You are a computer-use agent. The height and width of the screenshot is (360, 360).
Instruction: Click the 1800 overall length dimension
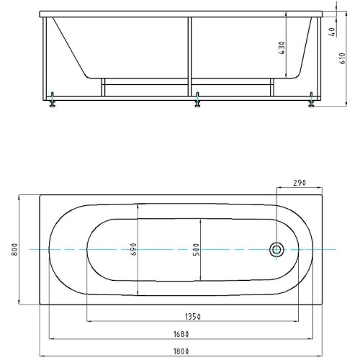click(181, 351)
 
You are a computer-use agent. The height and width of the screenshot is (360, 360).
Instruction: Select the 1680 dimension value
click(181, 334)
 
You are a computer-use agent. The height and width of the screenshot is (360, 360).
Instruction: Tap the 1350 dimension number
click(193, 317)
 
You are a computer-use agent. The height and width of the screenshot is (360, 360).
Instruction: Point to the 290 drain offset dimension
click(300, 183)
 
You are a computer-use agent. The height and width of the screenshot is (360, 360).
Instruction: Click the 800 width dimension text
click(15, 250)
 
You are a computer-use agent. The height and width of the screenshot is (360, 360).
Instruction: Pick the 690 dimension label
click(134, 249)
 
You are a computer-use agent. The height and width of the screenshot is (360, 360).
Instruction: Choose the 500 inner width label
click(196, 250)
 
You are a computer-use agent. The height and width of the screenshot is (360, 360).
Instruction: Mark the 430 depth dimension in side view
click(282, 48)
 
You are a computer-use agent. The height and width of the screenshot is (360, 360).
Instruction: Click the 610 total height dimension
click(342, 58)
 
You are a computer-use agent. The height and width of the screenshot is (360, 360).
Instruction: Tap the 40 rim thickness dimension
click(332, 32)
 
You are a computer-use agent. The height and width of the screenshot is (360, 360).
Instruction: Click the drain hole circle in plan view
click(276, 250)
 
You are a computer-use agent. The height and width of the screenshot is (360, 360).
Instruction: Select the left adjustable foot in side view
click(52, 99)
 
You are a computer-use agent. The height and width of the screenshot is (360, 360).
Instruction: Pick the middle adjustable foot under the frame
click(197, 99)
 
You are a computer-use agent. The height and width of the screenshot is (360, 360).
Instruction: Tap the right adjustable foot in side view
click(311, 99)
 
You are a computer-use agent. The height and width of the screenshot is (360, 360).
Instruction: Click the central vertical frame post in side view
click(189, 56)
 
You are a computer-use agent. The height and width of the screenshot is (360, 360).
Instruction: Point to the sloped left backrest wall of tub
click(70, 47)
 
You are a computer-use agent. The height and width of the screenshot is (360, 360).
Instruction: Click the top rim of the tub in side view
click(181, 14)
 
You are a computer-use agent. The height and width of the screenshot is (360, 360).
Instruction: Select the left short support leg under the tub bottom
click(103, 87)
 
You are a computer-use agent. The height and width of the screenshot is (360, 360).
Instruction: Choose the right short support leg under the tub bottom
click(272, 87)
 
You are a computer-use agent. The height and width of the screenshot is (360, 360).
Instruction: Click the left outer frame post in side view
click(45, 58)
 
